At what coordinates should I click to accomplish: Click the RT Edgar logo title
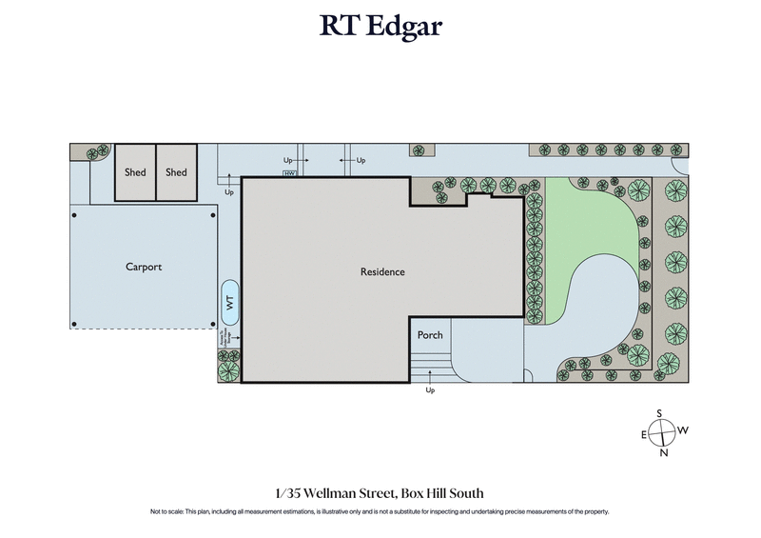click(380, 27)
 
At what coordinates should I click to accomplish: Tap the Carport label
click(144, 268)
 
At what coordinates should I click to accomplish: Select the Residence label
click(382, 272)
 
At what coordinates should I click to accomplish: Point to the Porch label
click(430, 335)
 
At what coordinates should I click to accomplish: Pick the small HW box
click(290, 173)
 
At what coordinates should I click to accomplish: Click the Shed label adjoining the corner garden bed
click(135, 172)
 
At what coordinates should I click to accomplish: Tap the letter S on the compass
click(658, 412)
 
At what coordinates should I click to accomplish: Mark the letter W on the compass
click(682, 431)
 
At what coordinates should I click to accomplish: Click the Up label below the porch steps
click(430, 390)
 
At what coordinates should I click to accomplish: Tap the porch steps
click(429, 365)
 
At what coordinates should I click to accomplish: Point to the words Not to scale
click(168, 512)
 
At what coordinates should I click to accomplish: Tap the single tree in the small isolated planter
click(420, 150)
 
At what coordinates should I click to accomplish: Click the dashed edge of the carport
click(143, 329)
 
